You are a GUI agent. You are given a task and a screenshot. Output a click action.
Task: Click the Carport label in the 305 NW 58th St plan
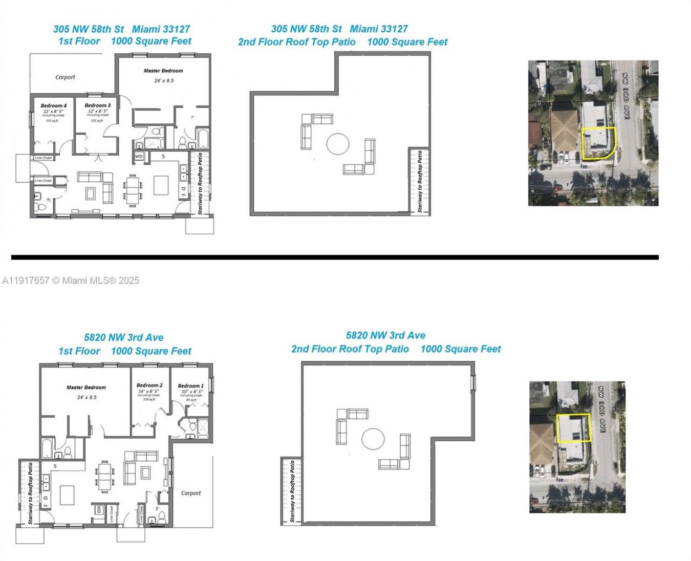click(65, 77)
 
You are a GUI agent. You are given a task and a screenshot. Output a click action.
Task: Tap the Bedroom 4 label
click(53, 106)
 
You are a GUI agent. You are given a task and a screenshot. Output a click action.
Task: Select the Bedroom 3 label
click(97, 105)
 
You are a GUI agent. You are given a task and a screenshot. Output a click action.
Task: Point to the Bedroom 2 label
click(149, 385)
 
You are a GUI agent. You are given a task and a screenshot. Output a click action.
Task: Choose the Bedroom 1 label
click(190, 386)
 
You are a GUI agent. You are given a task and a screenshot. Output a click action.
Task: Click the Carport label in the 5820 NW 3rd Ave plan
click(191, 493)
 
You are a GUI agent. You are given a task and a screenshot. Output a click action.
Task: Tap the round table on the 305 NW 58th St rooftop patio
click(338, 144)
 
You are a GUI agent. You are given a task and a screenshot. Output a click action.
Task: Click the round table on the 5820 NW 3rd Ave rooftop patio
click(373, 439)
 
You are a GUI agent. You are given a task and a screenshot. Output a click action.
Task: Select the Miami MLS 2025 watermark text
click(71, 280)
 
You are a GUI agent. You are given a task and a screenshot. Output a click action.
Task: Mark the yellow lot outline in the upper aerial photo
click(598, 143)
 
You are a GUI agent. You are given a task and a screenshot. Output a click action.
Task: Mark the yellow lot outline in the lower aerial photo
click(573, 428)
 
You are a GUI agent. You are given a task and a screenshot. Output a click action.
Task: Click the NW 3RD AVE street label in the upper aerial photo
click(625, 96)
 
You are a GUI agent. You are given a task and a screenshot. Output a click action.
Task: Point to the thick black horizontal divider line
click(335, 257)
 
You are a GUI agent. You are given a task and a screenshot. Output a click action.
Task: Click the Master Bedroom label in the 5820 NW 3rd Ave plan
click(86, 387)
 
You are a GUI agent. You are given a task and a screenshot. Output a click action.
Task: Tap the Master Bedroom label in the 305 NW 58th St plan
click(163, 71)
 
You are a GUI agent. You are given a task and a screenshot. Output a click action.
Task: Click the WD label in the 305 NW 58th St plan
click(139, 156)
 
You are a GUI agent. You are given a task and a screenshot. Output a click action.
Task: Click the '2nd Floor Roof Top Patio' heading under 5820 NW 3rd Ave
click(350, 349)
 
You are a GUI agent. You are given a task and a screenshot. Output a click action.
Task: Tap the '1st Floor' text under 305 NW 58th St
click(79, 41)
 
